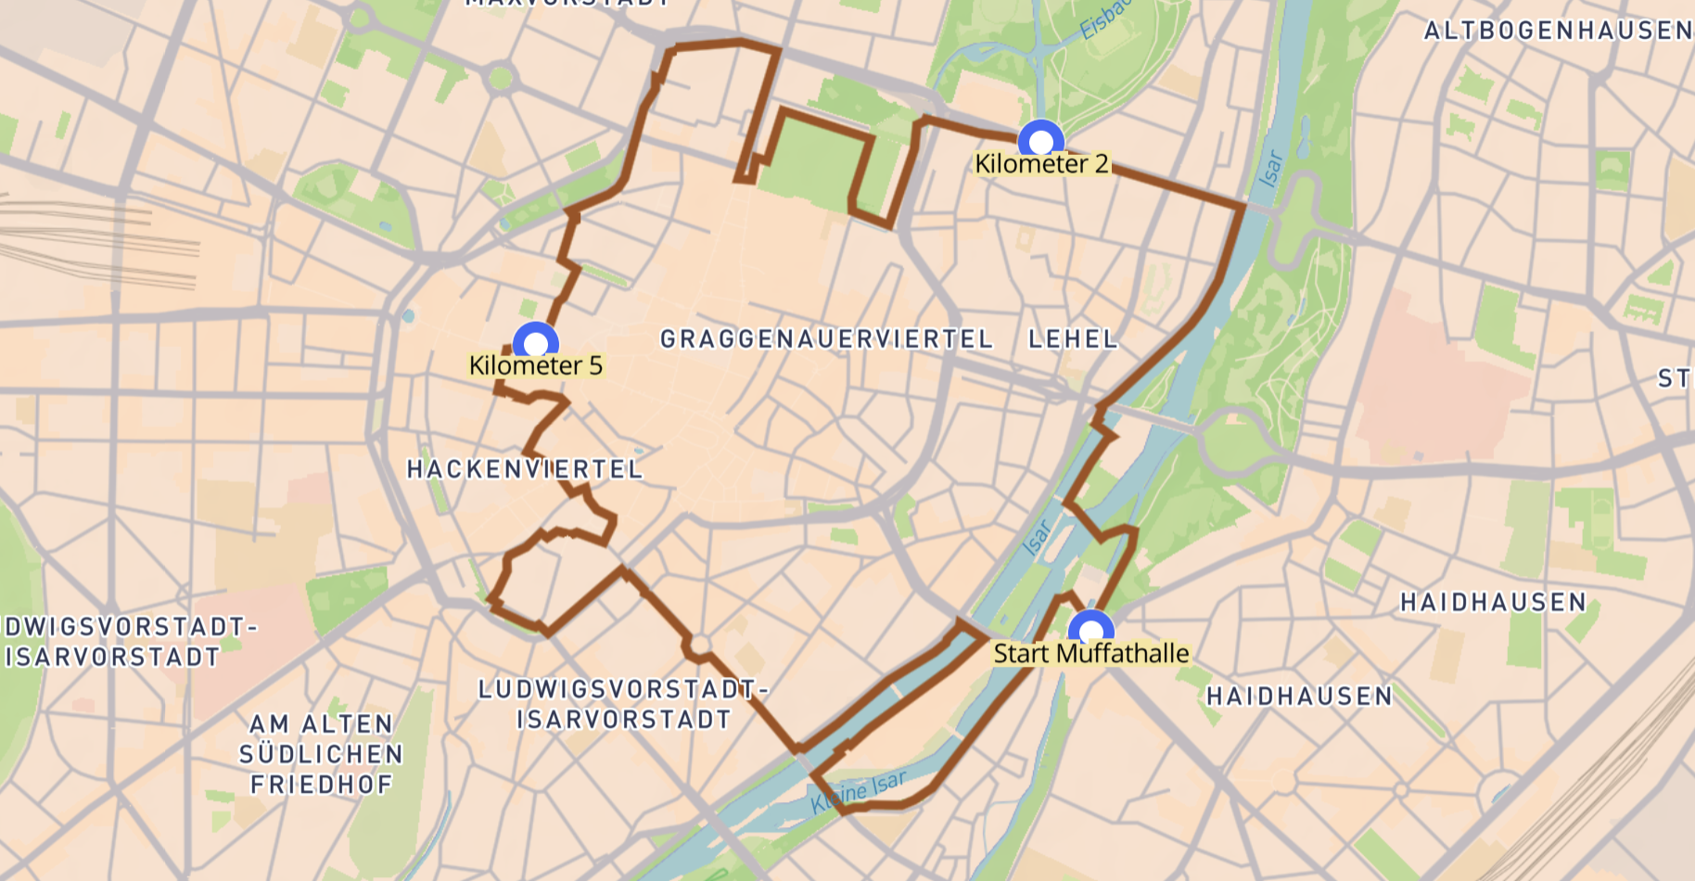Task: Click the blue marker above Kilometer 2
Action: click(x=1040, y=141)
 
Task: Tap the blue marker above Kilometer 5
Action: click(x=535, y=343)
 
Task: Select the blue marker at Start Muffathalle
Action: click(x=1090, y=631)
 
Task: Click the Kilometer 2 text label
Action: click(x=1041, y=164)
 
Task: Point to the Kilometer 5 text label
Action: click(x=535, y=366)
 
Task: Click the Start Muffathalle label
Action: click(x=1090, y=654)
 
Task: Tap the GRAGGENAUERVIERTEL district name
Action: click(x=825, y=339)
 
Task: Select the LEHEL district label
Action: click(x=1073, y=339)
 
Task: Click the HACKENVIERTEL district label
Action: click(x=525, y=469)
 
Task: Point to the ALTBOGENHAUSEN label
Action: click(x=1558, y=32)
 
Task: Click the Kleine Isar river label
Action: click(x=858, y=792)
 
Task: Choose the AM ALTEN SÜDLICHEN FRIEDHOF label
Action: click(x=321, y=754)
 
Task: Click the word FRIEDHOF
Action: click(x=321, y=785)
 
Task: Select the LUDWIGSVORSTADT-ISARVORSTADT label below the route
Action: click(x=623, y=704)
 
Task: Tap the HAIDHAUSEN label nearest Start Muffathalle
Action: click(x=1299, y=696)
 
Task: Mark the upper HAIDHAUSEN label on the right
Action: click(x=1493, y=603)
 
